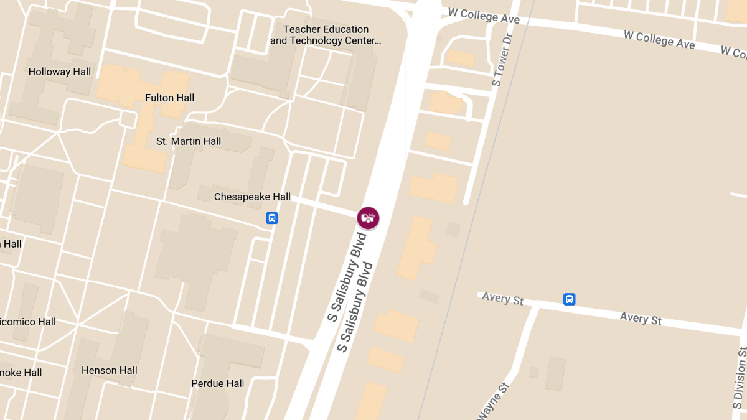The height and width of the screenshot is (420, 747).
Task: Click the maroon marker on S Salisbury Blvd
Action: (368, 218)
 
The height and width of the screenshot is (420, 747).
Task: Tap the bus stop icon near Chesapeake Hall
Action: (272, 218)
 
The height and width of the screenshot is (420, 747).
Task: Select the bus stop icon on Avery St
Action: (569, 299)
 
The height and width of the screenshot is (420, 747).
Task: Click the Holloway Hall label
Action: (60, 72)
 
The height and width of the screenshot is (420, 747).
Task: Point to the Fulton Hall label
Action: (169, 98)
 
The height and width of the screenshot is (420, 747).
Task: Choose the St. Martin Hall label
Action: (189, 141)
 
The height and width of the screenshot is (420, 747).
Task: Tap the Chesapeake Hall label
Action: (252, 197)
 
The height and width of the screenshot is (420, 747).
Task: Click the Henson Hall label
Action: (110, 370)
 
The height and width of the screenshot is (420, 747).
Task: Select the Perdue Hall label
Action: (218, 383)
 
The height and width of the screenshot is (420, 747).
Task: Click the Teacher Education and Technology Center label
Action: (326, 35)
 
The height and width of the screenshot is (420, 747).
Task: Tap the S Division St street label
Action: (740, 374)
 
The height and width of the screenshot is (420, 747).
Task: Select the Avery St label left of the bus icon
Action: (503, 299)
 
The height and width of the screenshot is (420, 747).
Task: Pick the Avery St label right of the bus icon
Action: (641, 319)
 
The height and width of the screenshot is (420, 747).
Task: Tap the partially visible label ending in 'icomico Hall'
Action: (28, 322)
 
